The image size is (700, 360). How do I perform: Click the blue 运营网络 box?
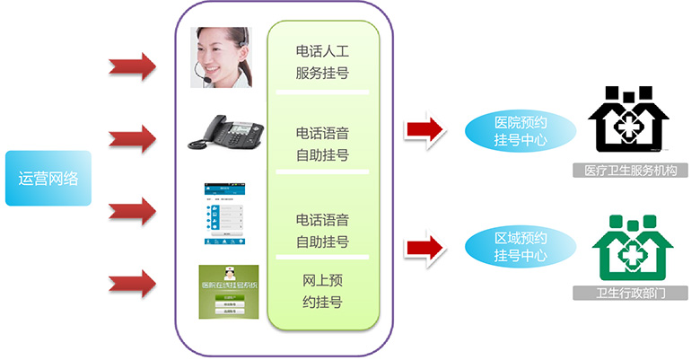click(x=48, y=178)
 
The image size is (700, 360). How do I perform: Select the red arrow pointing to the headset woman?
click(x=132, y=66)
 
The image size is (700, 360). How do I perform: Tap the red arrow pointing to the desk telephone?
click(x=132, y=139)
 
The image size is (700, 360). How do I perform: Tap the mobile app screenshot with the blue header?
click(x=223, y=215)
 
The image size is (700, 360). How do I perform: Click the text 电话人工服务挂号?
click(x=322, y=61)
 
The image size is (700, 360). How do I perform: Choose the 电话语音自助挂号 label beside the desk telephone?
click(x=322, y=144)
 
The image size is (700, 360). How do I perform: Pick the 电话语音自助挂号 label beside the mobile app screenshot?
click(x=322, y=231)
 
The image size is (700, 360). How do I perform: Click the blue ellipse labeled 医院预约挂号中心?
click(x=520, y=131)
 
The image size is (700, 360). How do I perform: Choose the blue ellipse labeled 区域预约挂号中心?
click(x=520, y=247)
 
